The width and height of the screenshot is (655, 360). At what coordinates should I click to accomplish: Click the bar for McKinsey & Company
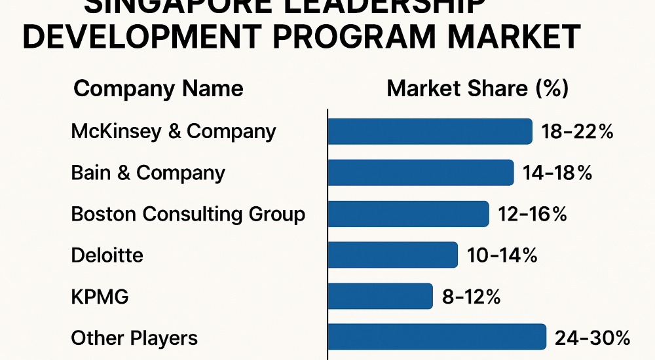[430, 132]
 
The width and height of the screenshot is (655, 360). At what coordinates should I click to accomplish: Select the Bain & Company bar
[421, 173]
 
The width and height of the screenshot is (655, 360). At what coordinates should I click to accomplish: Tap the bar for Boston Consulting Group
[408, 214]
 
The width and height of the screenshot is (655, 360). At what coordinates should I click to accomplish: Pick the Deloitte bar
[392, 255]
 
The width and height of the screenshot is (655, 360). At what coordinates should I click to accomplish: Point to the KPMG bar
[380, 296]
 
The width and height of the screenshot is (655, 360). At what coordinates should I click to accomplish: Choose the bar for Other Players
[436, 337]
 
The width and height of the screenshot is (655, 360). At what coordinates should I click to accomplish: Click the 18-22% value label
[577, 132]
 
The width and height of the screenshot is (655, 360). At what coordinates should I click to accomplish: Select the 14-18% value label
[557, 173]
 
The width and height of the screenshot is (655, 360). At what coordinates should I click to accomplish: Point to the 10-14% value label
[502, 255]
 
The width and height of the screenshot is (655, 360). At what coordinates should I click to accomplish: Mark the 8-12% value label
[472, 297]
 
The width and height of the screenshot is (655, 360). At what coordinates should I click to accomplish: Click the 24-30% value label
[592, 338]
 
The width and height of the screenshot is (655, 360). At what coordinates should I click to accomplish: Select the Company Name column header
[158, 89]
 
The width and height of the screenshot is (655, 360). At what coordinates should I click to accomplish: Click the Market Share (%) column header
[477, 89]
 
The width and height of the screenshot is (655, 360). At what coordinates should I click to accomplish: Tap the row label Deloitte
[107, 255]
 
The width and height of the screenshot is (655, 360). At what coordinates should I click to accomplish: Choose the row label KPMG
[100, 297]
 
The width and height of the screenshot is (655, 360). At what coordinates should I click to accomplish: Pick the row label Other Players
[134, 338]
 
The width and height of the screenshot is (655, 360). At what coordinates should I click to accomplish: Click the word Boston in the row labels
[103, 214]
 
